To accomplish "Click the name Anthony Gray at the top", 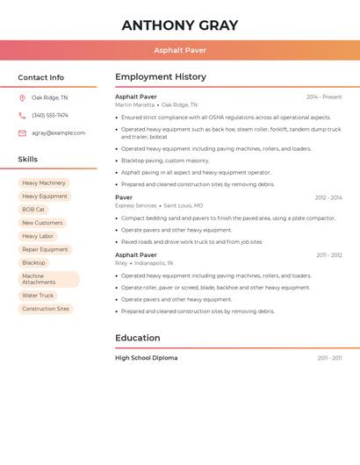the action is pos(180,25).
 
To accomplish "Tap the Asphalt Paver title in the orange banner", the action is pos(180,50).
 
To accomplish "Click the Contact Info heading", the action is pos(40,77).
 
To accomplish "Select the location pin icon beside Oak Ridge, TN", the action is pos(22,98).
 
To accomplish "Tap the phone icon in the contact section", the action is pos(22,116).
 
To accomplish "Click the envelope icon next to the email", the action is pos(22,133).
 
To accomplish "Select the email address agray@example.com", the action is pos(58,133).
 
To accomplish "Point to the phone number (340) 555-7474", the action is pos(50,116).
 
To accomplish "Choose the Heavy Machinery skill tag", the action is pos(44,183).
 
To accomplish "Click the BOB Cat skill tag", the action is pos(33,210).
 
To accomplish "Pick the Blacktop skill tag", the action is pos(33,262).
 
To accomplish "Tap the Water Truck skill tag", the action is pos(38,296).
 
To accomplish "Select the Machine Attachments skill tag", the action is pos(48,279).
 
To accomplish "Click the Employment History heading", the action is pos(161,77).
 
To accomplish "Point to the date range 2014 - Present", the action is pos(324,97).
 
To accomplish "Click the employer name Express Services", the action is pos(135,205).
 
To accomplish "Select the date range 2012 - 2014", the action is pos(328,197).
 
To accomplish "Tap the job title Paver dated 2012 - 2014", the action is pos(124,197).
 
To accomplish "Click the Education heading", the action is pos(138,338).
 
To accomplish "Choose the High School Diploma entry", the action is pos(146,358).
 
